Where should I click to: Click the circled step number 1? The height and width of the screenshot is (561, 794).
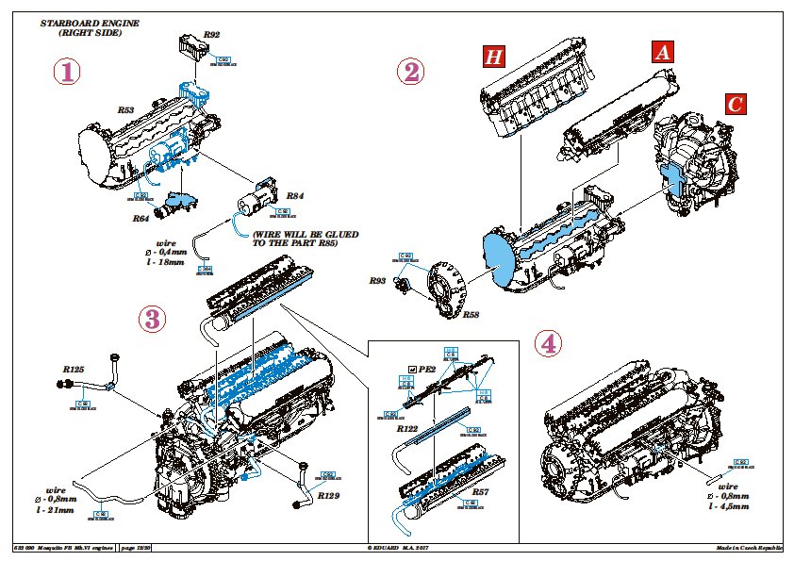click(65, 72)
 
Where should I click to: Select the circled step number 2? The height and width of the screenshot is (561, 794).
click(409, 73)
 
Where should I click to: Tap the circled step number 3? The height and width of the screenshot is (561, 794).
click(151, 319)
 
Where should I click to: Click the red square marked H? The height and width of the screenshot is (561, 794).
click(493, 57)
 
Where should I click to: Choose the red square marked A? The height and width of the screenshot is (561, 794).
click(662, 53)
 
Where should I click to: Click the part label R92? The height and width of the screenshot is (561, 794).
click(212, 34)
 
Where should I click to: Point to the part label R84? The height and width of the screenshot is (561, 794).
click(294, 195)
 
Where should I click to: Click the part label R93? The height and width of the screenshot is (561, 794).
click(377, 280)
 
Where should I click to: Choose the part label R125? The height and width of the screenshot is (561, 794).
click(74, 369)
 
